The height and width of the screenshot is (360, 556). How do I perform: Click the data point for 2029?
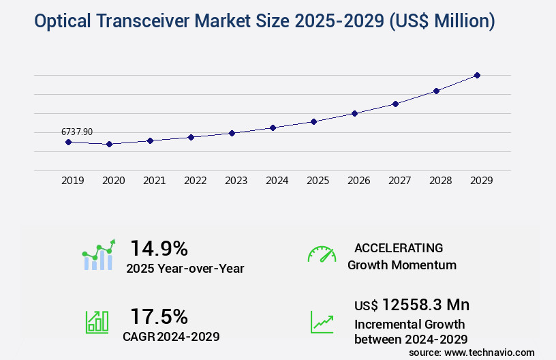click(x=477, y=75)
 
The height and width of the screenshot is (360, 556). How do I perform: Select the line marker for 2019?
click(x=68, y=142)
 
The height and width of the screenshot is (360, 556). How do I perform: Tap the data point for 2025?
click(x=313, y=121)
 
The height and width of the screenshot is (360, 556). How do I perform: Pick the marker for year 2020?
click(x=109, y=144)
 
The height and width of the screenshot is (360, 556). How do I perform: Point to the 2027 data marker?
click(x=395, y=104)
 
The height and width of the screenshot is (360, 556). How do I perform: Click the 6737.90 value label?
click(x=77, y=132)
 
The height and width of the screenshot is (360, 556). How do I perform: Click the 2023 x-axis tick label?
click(x=236, y=181)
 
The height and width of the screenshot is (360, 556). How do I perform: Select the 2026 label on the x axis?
click(x=358, y=181)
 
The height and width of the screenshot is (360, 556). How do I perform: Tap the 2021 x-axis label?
click(x=154, y=181)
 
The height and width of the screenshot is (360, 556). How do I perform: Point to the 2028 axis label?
click(x=440, y=181)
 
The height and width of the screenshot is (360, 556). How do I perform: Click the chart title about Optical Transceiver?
click(x=264, y=22)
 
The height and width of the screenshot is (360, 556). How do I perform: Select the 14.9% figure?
click(x=159, y=248)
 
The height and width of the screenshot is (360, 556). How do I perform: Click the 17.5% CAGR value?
click(x=159, y=316)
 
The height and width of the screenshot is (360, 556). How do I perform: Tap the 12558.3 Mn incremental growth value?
click(x=412, y=305)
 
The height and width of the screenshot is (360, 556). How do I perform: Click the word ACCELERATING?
click(x=399, y=248)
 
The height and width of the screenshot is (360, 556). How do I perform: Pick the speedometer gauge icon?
click(x=322, y=254)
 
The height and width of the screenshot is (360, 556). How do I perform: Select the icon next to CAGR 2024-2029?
click(x=97, y=322)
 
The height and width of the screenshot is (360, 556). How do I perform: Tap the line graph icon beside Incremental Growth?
click(x=322, y=322)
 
